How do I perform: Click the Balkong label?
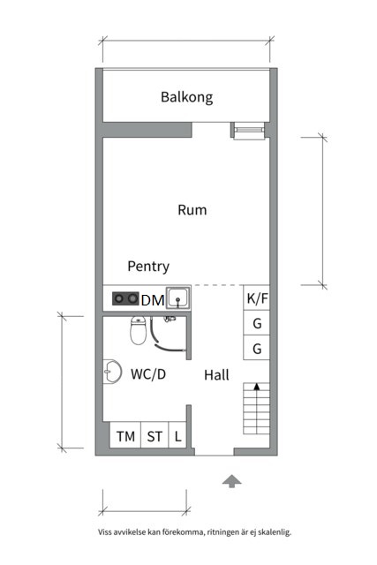186,97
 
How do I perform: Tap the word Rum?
192,210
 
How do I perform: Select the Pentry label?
148,267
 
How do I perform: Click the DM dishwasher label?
153,300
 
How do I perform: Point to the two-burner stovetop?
125,298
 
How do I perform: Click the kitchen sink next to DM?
178,298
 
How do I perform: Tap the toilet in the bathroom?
138,330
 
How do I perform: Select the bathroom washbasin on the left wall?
112,372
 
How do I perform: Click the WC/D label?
148,374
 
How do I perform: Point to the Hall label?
216,375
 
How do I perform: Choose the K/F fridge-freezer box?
257,298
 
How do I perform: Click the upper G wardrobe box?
257,323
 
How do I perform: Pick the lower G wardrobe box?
257,348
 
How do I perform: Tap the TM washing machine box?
125,435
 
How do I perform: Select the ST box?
155,435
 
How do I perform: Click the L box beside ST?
177,435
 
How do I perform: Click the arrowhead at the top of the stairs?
257,387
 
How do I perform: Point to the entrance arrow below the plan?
231,481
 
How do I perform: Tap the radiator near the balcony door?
249,131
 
